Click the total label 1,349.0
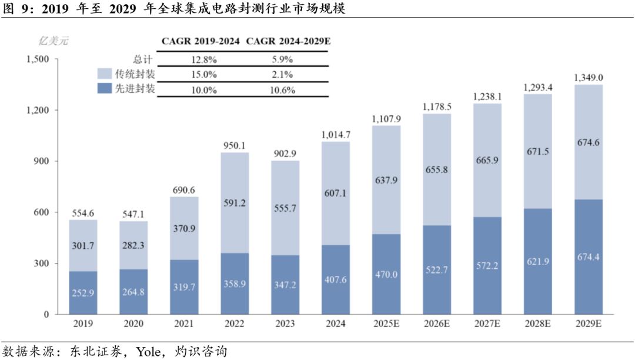(587, 78)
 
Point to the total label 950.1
(235, 145)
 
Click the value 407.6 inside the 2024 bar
(336, 279)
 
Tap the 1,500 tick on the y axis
(38, 59)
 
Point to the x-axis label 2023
(285, 324)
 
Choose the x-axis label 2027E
(487, 324)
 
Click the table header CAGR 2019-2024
(200, 41)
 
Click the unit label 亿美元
(54, 41)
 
